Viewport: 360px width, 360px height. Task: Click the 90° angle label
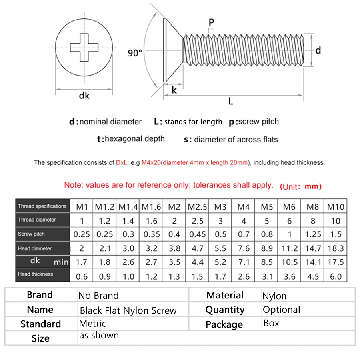coord(135,53)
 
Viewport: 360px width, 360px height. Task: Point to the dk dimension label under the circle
coord(84,95)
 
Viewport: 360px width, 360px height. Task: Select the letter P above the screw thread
coord(212,22)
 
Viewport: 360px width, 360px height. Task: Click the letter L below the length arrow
coord(231,102)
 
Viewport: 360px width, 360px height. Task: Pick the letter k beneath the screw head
coord(174,90)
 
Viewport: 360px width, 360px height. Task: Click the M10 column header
coord(336,207)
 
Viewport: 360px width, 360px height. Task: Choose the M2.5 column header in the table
coord(197,207)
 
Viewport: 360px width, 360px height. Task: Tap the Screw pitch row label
coord(31,234)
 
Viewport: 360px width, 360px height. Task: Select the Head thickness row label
coord(35,274)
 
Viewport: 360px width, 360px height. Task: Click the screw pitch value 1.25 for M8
coord(313,234)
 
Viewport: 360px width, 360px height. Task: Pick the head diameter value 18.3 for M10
coord(336,248)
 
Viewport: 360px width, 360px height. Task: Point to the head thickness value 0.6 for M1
coord(82,276)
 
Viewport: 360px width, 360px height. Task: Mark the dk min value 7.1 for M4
coord(243,262)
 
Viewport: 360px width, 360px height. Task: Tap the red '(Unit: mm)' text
coord(300,186)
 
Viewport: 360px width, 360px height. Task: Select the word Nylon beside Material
coord(274,296)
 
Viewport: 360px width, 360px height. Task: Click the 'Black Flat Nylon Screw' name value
coord(128,310)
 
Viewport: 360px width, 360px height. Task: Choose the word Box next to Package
coord(271,323)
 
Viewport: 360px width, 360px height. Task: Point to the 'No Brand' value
coord(98,296)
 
